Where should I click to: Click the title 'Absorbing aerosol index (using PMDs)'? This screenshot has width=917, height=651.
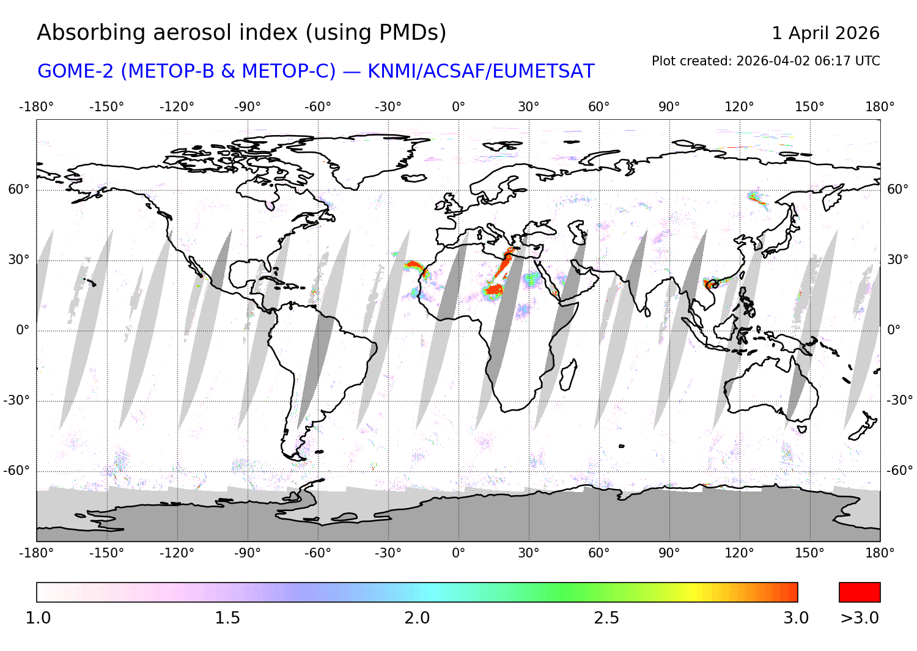[241, 33]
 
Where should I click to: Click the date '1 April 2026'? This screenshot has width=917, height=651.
[825, 33]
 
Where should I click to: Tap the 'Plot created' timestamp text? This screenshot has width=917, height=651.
[765, 61]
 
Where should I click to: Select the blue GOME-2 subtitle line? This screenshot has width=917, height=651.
[315, 72]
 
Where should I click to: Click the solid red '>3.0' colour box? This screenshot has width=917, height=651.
[860, 592]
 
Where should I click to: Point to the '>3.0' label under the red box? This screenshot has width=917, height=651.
[860, 618]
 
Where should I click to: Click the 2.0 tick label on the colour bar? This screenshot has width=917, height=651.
[417, 618]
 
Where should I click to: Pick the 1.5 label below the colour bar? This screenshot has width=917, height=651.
[227, 618]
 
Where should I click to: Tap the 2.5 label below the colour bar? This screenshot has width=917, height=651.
[606, 618]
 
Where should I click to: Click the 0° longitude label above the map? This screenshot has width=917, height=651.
[458, 107]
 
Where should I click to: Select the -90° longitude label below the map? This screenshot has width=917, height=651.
[247, 553]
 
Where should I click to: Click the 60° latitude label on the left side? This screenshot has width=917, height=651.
[19, 189]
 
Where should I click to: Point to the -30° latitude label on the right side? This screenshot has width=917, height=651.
[899, 400]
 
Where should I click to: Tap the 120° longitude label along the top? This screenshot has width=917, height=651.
[739, 107]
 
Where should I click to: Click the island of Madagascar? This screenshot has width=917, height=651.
[568, 374]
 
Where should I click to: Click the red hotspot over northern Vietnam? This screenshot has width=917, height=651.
[709, 284]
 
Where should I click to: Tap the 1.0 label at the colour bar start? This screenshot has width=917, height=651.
[38, 618]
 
